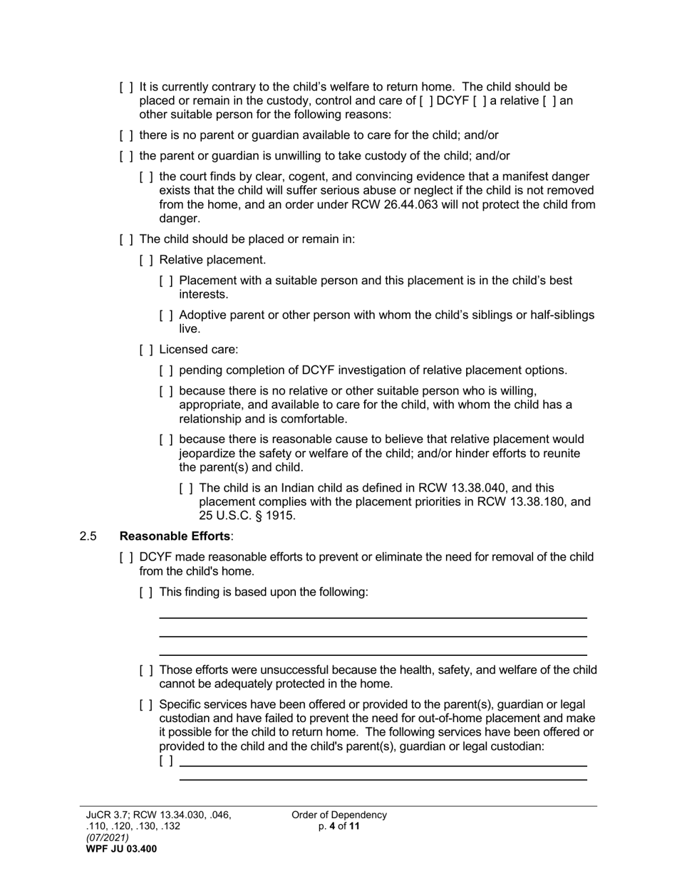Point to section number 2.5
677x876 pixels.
[88, 536]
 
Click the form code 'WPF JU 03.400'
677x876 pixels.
[121, 849]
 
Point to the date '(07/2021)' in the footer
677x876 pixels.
[108, 838]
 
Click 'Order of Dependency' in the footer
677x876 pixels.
[338, 815]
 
